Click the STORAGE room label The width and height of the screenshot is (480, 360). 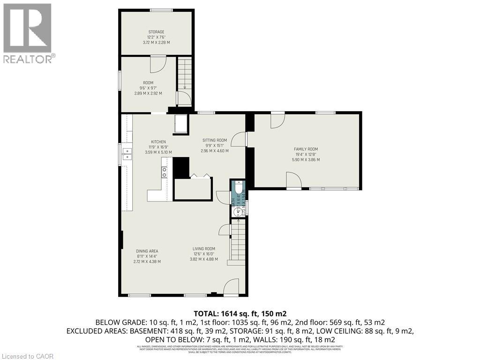(x=156, y=32)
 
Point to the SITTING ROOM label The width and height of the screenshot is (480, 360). (x=214, y=140)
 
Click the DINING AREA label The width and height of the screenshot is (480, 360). (x=147, y=251)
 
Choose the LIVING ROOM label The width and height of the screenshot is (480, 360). (x=203, y=249)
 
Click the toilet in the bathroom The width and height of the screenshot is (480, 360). (x=238, y=187)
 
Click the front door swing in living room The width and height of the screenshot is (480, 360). (x=232, y=287)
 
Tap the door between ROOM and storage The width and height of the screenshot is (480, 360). (x=158, y=65)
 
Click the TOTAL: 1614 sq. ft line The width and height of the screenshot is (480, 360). (x=240, y=314)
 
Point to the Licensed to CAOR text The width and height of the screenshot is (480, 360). (x=28, y=356)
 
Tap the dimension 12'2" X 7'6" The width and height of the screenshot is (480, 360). (x=156, y=37)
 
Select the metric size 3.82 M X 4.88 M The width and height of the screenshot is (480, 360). (x=203, y=259)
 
